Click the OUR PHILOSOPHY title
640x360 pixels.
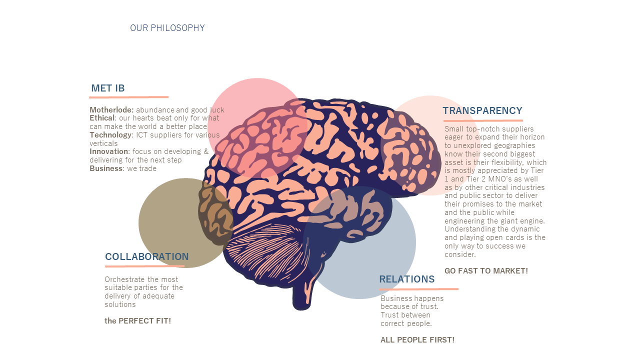coord(167,28)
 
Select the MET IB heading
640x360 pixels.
coord(108,88)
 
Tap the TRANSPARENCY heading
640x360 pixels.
coord(482,110)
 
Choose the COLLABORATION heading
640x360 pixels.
coord(147,256)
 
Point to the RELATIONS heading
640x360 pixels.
coord(407,279)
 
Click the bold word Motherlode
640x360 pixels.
coord(111,110)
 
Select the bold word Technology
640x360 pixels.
coord(111,135)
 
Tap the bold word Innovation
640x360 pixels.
coord(109,151)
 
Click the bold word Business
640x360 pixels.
coord(106,168)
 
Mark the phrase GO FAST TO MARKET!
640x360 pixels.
coord(486,271)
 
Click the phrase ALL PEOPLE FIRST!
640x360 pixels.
coord(417,339)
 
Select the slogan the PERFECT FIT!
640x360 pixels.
coord(137,321)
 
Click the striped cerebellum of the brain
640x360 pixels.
coord(265,251)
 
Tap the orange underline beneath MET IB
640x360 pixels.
coord(128,97)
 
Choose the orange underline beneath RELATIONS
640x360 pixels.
coord(419,289)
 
